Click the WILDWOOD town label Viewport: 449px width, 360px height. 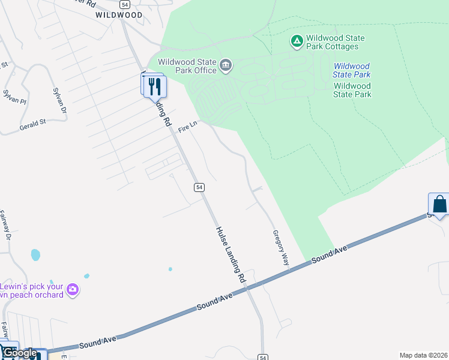click(119, 15)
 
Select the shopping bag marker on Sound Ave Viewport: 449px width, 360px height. click(439, 204)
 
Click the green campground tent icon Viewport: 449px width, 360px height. click(297, 41)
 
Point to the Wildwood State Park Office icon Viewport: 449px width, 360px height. click(226, 65)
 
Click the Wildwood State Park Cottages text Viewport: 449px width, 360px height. click(335, 42)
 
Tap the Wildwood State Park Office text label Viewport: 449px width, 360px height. click(187, 66)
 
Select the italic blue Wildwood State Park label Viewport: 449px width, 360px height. click(352, 70)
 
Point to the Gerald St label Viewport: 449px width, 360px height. click(32, 125)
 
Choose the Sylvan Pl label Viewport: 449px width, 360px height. click(15, 97)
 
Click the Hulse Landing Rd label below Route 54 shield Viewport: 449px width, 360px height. click(231, 254)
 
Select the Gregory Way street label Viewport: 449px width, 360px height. click(281, 247)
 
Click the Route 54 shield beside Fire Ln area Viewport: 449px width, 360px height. click(199, 187)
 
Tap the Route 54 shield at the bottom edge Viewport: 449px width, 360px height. click(263, 357)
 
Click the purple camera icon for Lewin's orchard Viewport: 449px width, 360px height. click(73, 290)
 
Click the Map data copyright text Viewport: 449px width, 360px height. click(423, 355)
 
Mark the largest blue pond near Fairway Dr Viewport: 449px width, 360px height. click(35, 254)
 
